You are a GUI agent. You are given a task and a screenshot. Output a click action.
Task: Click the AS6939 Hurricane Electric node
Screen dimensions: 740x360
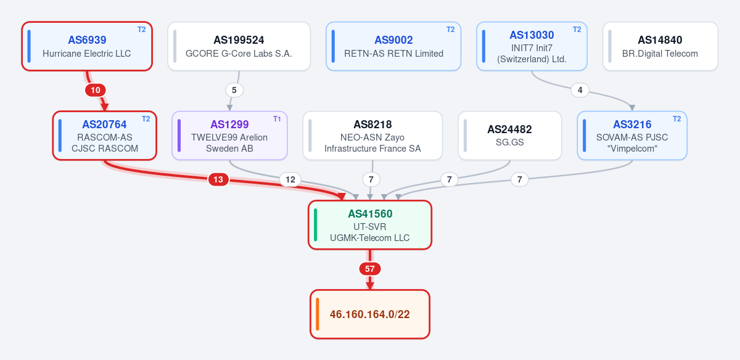[x=87, y=46]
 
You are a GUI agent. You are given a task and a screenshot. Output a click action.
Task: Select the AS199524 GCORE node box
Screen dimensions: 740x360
[x=239, y=46]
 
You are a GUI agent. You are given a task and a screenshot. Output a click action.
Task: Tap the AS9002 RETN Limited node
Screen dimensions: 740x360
[x=393, y=46]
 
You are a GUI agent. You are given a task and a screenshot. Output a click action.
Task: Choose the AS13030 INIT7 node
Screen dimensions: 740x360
[x=532, y=46]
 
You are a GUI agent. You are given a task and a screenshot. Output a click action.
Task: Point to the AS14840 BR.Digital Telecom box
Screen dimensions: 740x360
[x=660, y=46]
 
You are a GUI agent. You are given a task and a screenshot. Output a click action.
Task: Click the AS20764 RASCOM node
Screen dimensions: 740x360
[x=104, y=136]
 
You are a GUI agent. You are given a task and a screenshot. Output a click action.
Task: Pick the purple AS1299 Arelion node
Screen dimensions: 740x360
[x=229, y=136]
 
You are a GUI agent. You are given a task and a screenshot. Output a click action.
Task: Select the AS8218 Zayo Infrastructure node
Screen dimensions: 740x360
[x=372, y=136]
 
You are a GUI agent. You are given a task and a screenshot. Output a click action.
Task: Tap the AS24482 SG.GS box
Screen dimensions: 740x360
[x=510, y=136]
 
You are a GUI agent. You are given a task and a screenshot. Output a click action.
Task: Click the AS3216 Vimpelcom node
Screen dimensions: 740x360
[x=632, y=136]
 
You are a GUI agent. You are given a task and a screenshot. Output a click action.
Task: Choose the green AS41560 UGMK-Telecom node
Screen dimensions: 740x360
[x=369, y=225]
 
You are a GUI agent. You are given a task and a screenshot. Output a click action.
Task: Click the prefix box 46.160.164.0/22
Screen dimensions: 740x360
[x=369, y=314]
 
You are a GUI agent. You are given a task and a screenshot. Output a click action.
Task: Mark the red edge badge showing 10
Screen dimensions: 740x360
[x=96, y=90]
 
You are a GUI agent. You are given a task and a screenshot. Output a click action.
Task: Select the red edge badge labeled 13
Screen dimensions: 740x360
[x=218, y=179]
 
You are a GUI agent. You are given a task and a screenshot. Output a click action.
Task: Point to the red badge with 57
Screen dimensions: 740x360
[x=369, y=269]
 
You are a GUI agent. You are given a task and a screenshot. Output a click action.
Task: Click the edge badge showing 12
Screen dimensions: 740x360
[x=290, y=179]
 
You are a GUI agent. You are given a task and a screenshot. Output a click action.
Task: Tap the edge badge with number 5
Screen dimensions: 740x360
[x=234, y=90]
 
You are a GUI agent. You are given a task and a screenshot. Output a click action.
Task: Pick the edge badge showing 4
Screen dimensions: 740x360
[x=580, y=90]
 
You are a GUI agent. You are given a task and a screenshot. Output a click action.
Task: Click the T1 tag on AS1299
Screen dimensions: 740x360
[x=277, y=119]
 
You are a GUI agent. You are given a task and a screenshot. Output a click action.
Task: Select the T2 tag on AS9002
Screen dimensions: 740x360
[x=450, y=30]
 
